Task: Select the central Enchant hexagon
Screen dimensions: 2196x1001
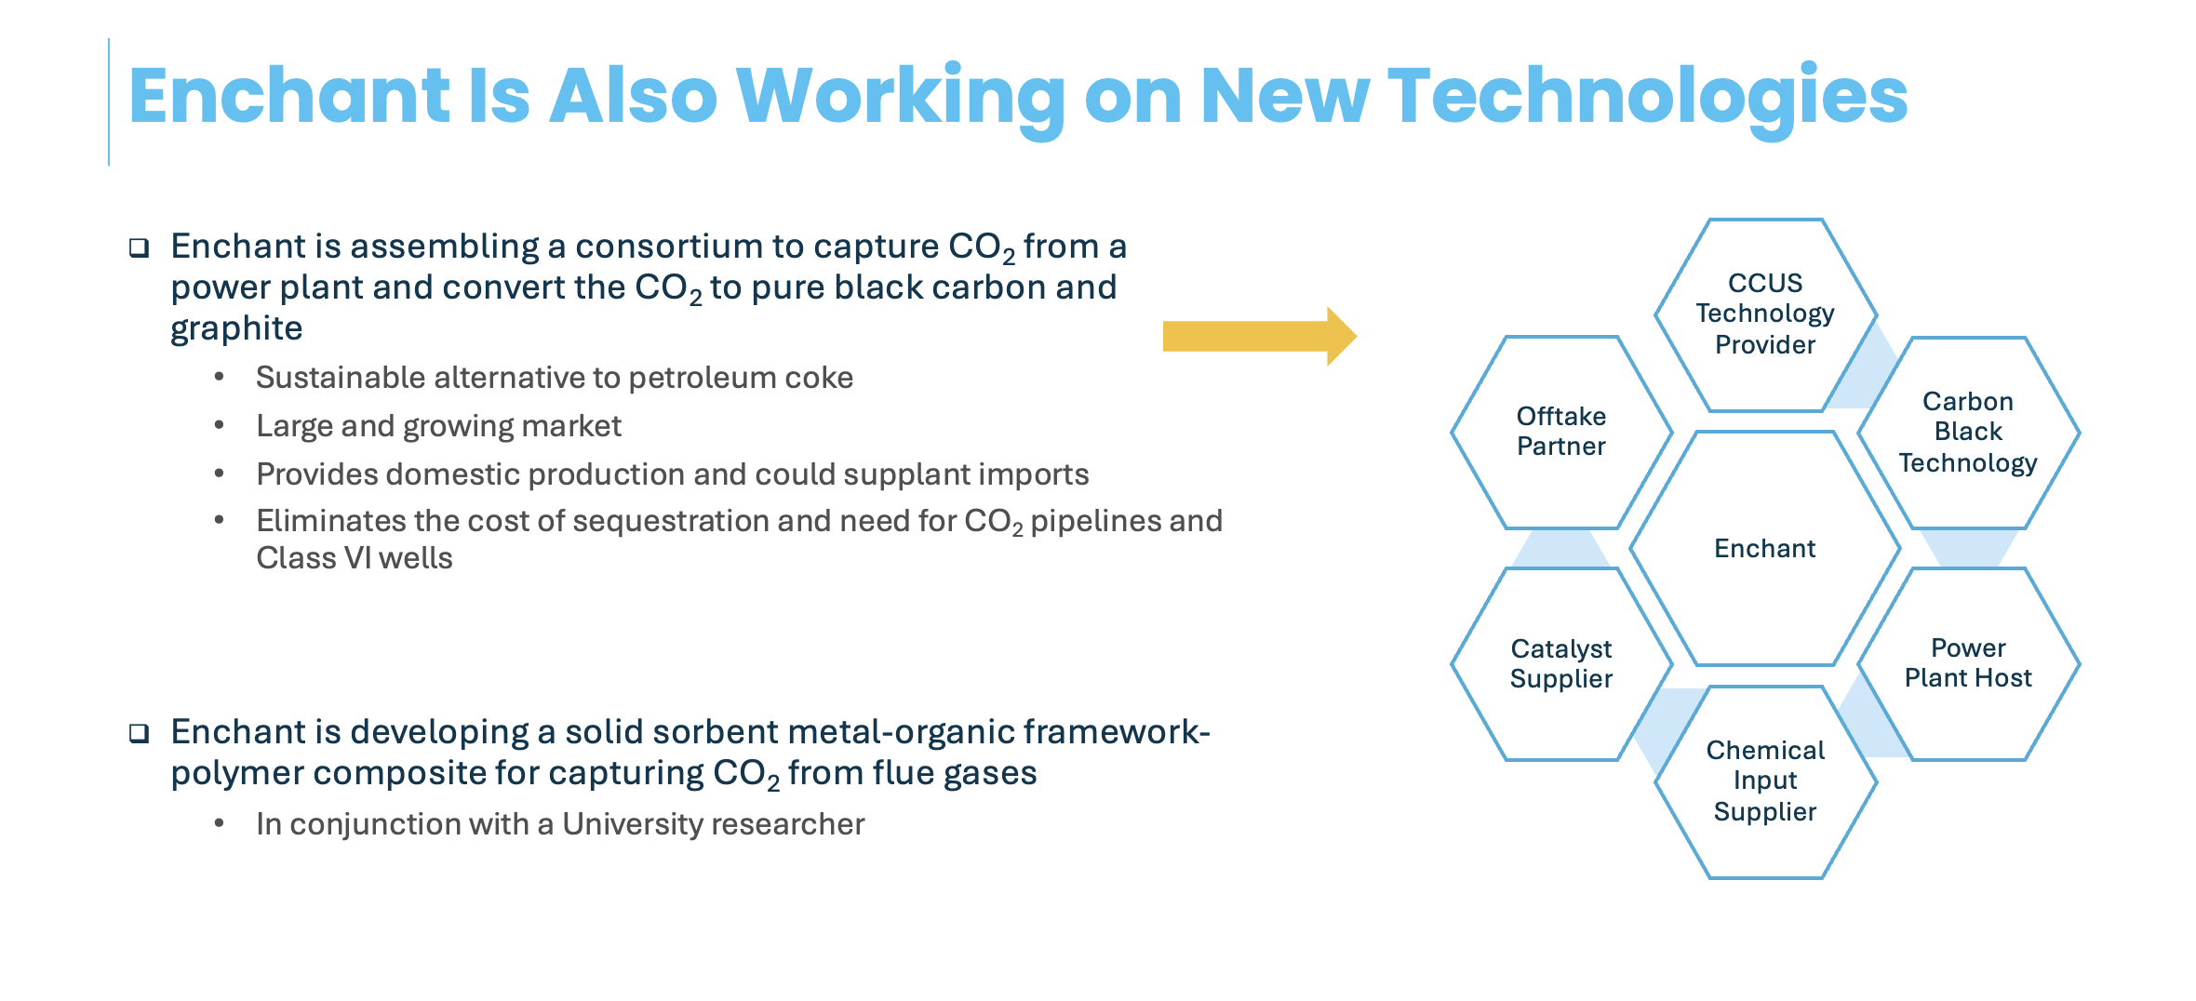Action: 1765,549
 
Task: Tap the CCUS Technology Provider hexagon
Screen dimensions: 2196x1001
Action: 1765,314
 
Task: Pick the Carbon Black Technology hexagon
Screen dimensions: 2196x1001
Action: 1968,433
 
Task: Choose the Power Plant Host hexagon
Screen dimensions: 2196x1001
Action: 1968,663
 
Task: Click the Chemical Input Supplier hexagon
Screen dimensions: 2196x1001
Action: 1765,781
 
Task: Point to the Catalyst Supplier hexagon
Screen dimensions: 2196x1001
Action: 1561,663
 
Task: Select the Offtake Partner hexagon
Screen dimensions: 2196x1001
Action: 1561,433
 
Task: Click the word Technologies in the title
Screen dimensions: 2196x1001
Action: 1647,98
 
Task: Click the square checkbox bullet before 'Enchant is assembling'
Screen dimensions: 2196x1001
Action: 140,247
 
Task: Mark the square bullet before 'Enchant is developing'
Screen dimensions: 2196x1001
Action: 140,733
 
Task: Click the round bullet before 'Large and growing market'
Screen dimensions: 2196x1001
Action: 220,425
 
